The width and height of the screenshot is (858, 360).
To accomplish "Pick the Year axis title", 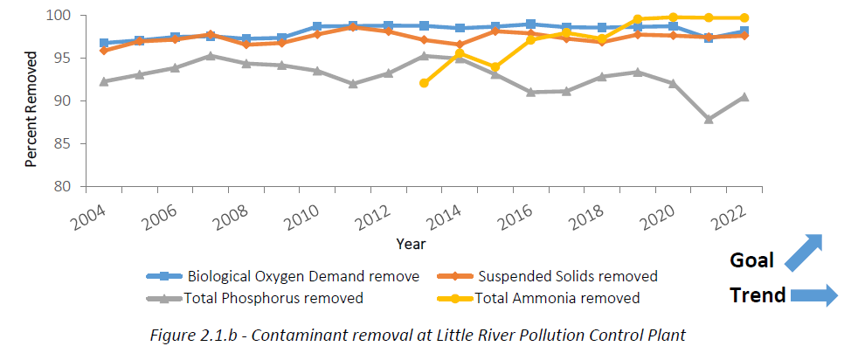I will click(411, 244).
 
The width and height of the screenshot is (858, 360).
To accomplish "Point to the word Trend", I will click(758, 295).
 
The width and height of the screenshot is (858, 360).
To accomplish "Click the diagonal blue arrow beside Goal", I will click(803, 253).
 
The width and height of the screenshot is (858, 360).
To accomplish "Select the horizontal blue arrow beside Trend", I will click(813, 296).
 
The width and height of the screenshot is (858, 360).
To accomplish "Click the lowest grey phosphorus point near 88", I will click(709, 119).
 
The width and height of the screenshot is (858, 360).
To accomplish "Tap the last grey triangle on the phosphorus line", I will click(744, 97).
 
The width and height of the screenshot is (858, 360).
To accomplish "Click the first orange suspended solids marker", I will click(105, 50).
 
